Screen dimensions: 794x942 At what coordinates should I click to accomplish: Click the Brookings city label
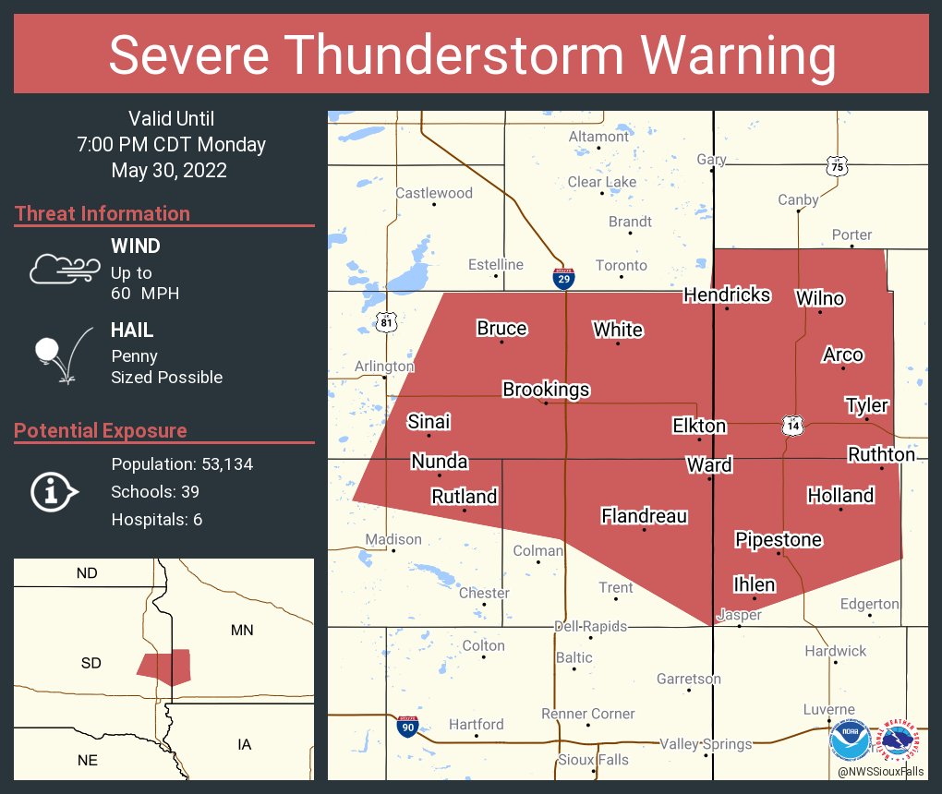(x=546, y=390)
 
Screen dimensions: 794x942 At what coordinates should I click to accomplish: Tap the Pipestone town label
(x=779, y=539)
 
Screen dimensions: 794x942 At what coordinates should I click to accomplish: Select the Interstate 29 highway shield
(x=562, y=279)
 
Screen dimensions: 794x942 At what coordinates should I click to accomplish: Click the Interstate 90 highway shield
(x=406, y=727)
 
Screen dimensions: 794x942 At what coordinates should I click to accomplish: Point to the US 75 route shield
(x=837, y=166)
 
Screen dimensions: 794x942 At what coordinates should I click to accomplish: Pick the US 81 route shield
(x=387, y=321)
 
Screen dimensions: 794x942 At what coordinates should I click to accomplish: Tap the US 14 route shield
(x=792, y=426)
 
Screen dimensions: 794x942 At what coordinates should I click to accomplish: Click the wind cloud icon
(x=63, y=268)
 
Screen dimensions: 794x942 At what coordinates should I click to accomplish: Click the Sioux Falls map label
(x=593, y=760)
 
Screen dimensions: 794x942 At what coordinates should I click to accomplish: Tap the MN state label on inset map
(x=242, y=631)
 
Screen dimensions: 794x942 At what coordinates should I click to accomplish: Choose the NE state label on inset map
(x=88, y=760)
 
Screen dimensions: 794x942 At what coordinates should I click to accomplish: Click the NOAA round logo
(x=849, y=740)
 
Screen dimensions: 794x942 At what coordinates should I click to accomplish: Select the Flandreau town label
(x=644, y=516)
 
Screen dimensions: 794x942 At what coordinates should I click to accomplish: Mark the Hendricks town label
(x=727, y=295)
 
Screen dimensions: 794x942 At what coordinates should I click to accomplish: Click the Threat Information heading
(x=103, y=214)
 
